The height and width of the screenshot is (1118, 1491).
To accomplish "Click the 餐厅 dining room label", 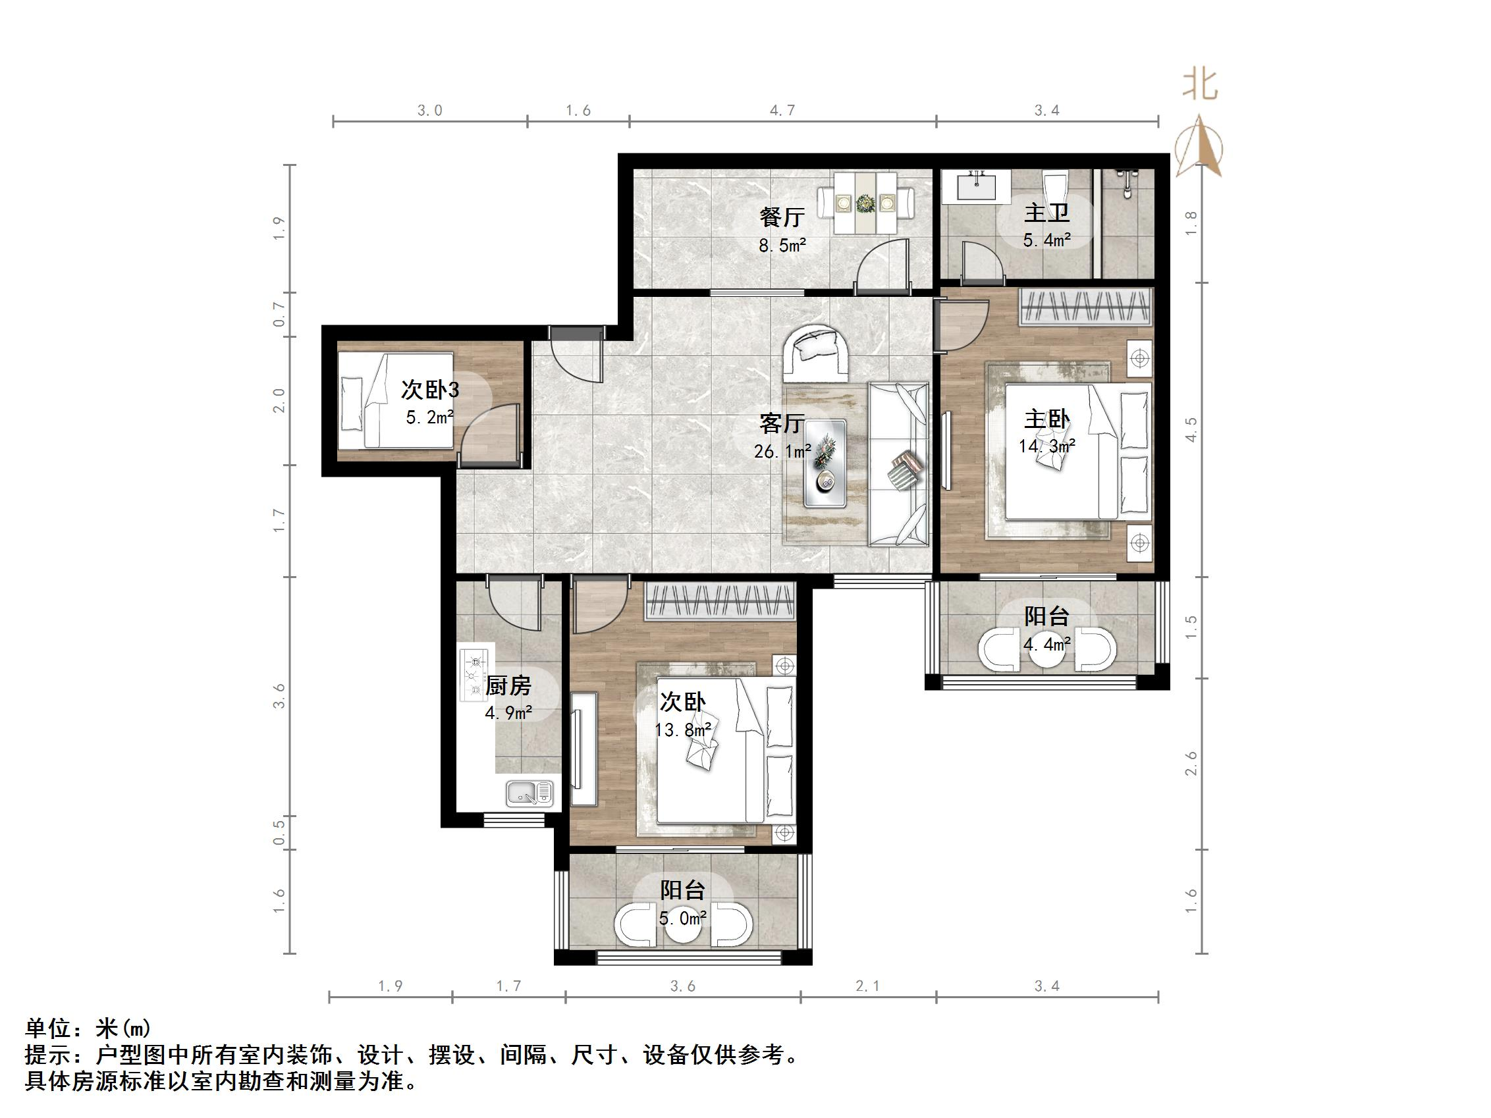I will [x=782, y=218].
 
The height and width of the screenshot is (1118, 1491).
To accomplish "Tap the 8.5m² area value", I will [x=782, y=246].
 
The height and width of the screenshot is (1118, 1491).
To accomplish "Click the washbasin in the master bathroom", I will [x=976, y=185].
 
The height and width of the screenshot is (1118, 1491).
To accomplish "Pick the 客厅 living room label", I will [x=782, y=423].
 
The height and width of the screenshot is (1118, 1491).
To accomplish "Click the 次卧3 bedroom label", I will [x=430, y=390].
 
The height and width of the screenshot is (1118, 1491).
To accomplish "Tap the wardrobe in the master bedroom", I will [x=1085, y=307].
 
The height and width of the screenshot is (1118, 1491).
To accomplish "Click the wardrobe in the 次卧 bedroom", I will [x=719, y=600].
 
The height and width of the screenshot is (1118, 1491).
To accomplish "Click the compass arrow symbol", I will [x=1199, y=147].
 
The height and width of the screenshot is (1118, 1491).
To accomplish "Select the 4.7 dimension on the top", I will [x=782, y=111].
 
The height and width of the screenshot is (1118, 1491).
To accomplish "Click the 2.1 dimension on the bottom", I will [x=867, y=986].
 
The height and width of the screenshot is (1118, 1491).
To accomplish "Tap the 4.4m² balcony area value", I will [x=1047, y=645].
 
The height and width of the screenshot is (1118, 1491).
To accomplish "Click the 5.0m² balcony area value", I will [x=683, y=918].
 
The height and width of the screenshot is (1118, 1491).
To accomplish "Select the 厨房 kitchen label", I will [x=508, y=686].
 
